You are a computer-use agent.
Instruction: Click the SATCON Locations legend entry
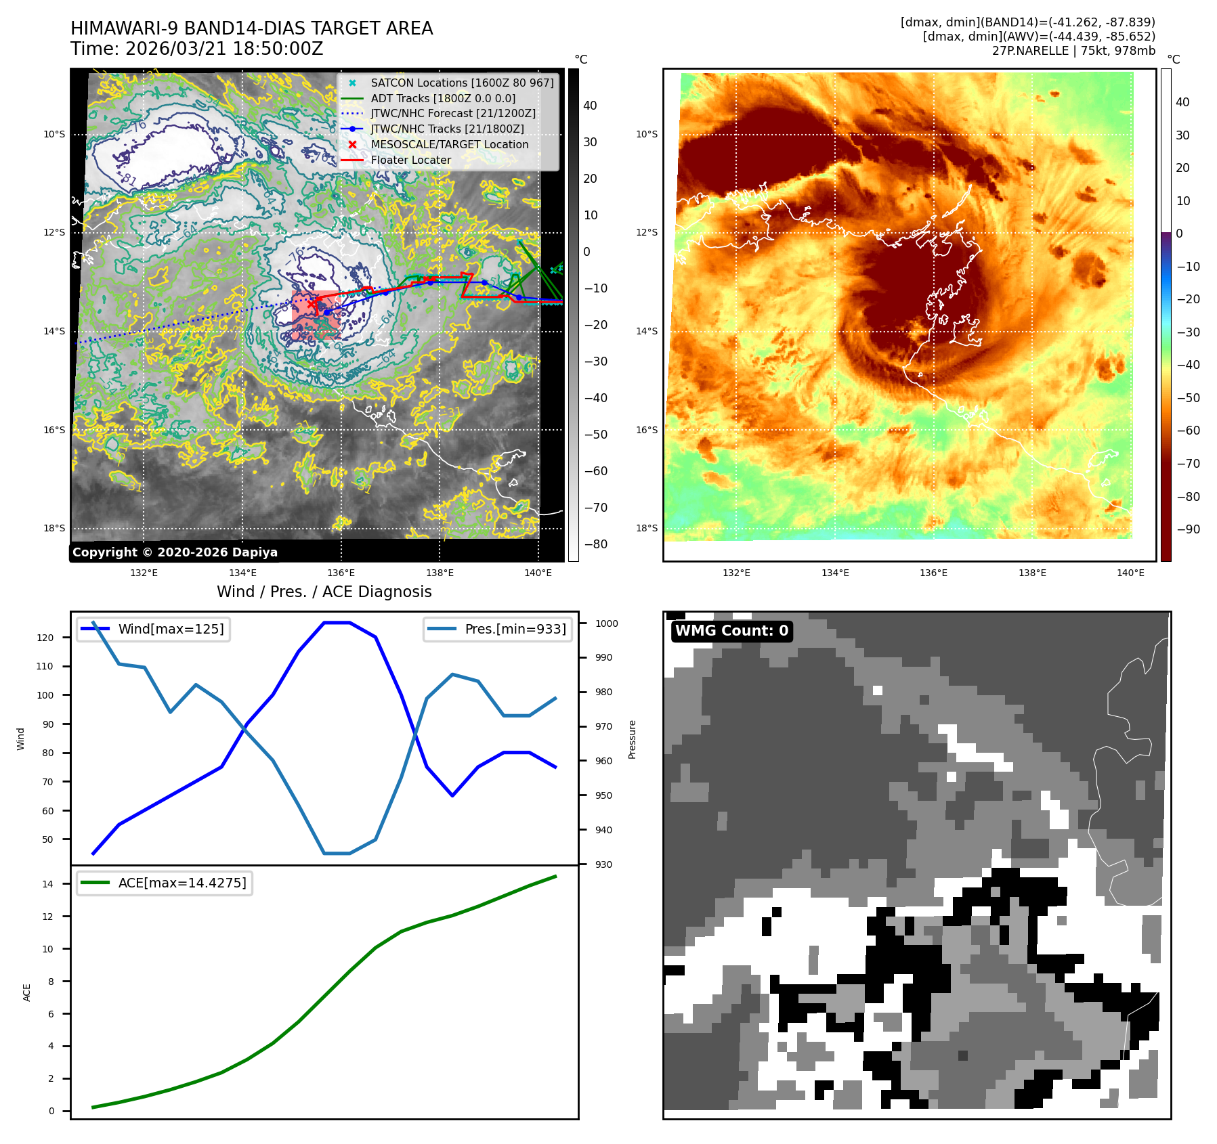462,83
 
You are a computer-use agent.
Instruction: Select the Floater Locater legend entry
410,160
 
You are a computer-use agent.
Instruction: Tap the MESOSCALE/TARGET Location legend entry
449,145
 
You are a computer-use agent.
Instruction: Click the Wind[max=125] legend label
171,629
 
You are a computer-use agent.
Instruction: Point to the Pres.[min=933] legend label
515,629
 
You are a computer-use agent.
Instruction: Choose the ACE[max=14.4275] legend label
182,883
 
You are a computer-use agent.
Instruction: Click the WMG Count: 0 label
731,631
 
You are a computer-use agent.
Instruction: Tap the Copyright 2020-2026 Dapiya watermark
175,552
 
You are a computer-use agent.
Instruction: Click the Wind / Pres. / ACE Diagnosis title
324,592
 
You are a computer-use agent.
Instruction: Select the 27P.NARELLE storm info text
1073,51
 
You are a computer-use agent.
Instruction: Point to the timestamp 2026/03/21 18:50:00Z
223,49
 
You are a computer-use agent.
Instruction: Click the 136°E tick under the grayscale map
341,573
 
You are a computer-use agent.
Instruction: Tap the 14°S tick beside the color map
646,331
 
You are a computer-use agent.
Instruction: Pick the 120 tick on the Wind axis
45,638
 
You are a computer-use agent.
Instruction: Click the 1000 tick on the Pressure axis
607,623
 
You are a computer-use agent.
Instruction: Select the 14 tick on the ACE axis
47,884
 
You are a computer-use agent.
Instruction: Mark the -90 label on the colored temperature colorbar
1188,529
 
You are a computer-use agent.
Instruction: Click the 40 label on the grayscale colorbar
590,106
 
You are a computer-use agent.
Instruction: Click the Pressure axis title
632,739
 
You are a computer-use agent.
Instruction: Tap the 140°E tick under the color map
1130,573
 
